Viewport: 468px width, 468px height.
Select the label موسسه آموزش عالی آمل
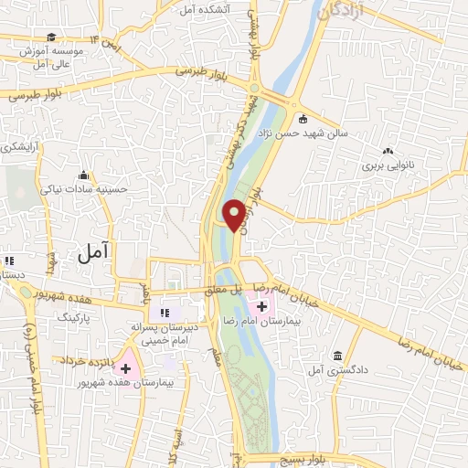[53, 58]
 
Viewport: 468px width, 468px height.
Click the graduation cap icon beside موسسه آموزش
[52, 37]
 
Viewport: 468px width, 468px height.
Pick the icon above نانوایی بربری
[388, 151]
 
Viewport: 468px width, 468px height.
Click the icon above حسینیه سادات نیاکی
[84, 175]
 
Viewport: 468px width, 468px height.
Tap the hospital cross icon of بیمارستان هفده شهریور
[125, 368]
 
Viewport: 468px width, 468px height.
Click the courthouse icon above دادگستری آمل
[337, 356]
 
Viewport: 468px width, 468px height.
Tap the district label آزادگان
[344, 12]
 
